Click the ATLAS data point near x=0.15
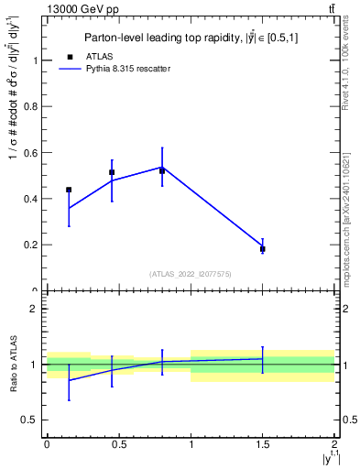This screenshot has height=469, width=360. [x=69, y=190]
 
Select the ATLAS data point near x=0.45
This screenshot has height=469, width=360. [x=112, y=172]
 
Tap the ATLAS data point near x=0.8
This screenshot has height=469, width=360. [x=162, y=170]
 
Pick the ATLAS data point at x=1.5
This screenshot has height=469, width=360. [x=263, y=249]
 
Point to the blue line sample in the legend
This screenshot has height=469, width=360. [x=71, y=69]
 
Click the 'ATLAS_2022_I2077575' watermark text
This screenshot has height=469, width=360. [x=191, y=274]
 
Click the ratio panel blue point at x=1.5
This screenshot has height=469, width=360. [x=263, y=359]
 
